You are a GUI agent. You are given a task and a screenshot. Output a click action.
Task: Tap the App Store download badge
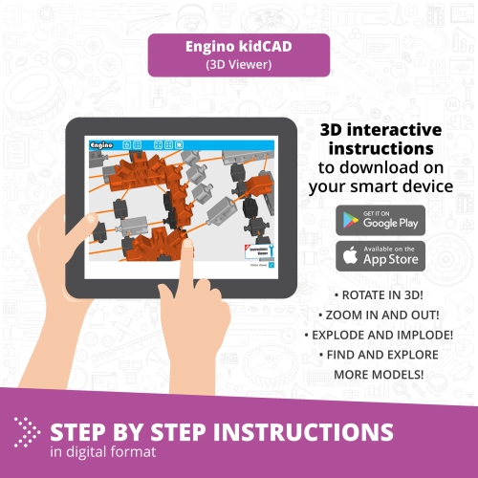[380, 255]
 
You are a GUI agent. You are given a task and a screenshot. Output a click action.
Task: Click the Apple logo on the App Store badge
[351, 255]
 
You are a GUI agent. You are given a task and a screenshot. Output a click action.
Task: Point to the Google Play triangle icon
[351, 220]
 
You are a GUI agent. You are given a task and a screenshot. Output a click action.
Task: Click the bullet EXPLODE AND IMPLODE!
[380, 335]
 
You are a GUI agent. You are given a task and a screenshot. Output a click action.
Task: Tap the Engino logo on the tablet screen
[101, 144]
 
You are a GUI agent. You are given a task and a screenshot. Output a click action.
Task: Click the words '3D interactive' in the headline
[380, 131]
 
